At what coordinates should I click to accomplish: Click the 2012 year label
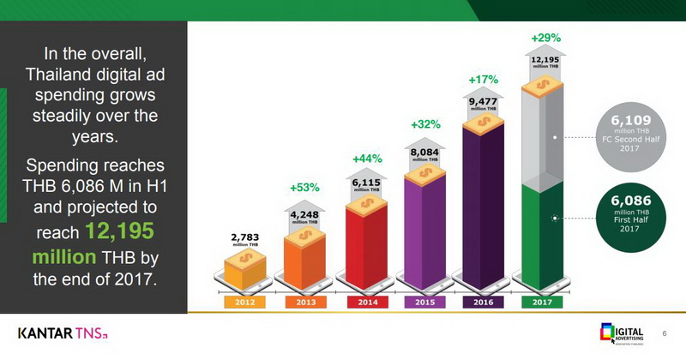244,302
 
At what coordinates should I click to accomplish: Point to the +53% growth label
305,187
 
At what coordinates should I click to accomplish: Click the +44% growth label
366,159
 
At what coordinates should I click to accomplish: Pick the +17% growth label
483,80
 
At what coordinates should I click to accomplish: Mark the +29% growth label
545,39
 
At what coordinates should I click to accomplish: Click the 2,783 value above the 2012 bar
244,237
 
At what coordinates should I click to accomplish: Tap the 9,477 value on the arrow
483,102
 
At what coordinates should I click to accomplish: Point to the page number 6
664,333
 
